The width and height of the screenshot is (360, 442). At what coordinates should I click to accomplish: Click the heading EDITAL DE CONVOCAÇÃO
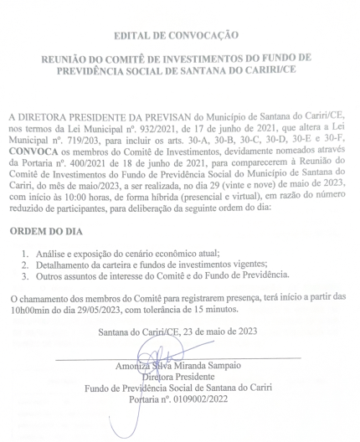point(180,35)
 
